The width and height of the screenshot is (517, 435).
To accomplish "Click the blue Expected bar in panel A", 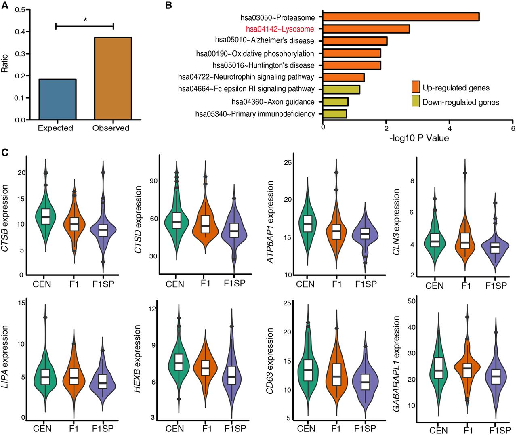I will (57, 99).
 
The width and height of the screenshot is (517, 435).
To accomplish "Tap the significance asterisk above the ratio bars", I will (85, 19).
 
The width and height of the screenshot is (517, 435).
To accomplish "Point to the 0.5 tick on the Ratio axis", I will (19, 9).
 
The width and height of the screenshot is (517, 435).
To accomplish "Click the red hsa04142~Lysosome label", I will (280, 29).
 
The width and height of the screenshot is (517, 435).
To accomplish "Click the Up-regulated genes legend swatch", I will (416, 87).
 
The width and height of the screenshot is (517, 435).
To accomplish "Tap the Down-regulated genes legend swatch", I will (416, 101).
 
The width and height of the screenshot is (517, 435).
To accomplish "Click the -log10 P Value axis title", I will (419, 139).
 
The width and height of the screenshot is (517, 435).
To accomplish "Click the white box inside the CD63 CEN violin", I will (308, 370).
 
